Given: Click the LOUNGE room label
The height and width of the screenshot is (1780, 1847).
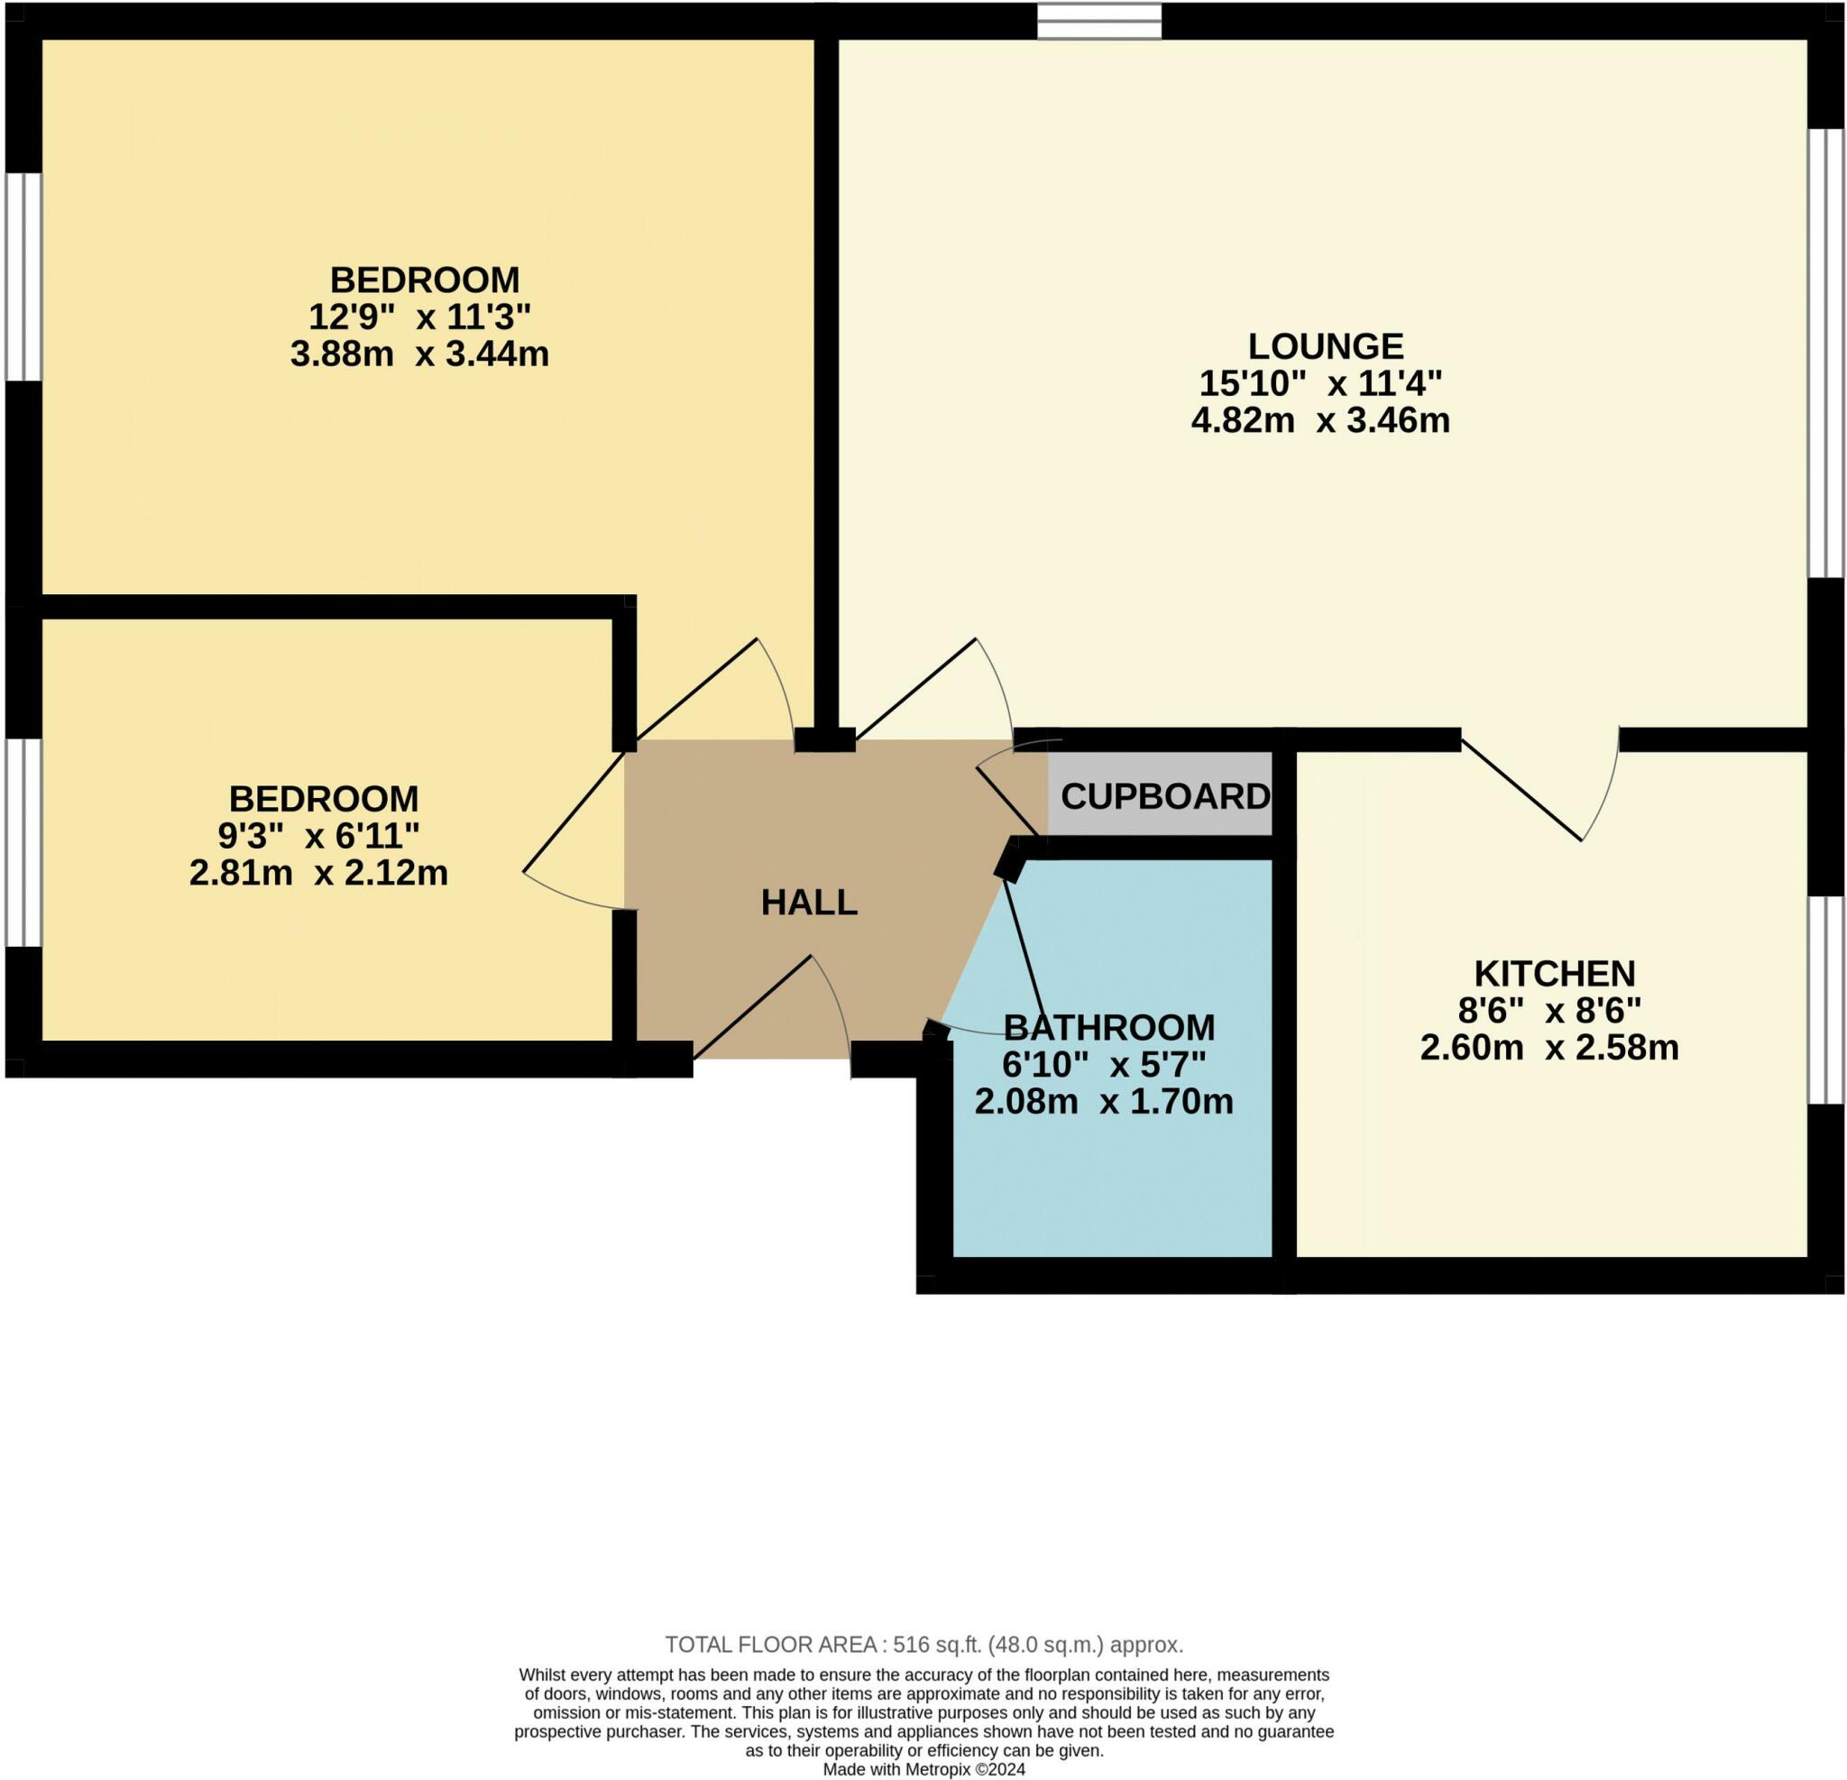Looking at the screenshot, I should coord(1325,347).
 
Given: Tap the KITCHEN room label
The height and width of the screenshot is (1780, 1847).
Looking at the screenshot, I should coord(1554,972).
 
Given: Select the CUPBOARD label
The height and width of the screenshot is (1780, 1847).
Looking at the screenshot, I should coord(1164,797).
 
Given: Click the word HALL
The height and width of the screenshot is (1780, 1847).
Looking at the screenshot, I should coord(810,903).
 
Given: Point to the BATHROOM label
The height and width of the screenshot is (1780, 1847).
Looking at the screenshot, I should coord(1109,1026).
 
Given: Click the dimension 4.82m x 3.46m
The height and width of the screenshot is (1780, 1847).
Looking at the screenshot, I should coord(1320,420).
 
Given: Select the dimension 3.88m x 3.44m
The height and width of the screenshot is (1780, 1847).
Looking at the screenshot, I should coord(419,354).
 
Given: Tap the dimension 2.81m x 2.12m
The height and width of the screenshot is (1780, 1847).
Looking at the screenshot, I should coord(318,874).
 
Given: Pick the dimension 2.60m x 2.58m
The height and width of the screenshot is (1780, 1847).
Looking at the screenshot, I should coord(1549,1048).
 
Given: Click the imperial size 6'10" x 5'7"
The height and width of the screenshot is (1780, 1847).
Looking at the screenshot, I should coord(1104,1065).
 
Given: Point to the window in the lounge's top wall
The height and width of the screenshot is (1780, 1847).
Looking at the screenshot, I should coord(1098,21).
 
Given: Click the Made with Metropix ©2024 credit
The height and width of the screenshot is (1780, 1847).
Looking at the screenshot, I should coord(923,1770).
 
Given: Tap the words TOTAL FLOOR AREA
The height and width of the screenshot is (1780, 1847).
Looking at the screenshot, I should coord(771,1645).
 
